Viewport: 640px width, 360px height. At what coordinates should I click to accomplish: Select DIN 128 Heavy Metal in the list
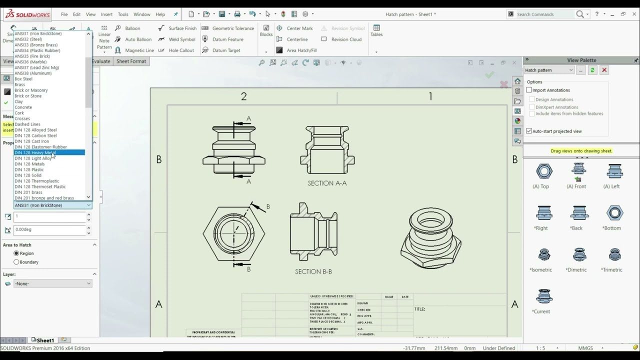click(35, 152)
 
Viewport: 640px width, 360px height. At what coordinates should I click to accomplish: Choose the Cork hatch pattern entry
click(19, 113)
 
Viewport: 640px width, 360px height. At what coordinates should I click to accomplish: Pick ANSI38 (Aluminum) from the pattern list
click(33, 73)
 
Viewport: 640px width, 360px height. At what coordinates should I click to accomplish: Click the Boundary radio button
click(16, 262)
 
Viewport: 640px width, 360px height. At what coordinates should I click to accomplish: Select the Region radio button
click(16, 253)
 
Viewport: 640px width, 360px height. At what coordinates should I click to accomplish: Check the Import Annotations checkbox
click(529, 90)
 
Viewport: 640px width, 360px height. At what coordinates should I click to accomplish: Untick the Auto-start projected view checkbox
click(529, 131)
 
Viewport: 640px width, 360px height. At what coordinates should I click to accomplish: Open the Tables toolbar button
click(376, 30)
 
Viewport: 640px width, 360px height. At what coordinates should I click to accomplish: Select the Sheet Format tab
click(131, 61)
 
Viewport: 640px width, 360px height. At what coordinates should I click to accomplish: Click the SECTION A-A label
click(327, 183)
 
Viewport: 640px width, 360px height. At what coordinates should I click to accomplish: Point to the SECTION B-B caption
click(313, 272)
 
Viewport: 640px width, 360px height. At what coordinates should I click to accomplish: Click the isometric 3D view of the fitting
click(430, 238)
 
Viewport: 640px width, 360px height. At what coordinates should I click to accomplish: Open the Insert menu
click(106, 14)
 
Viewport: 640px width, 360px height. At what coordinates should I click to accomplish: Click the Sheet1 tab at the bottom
click(45, 340)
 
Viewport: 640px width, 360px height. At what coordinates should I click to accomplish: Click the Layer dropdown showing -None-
click(52, 283)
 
